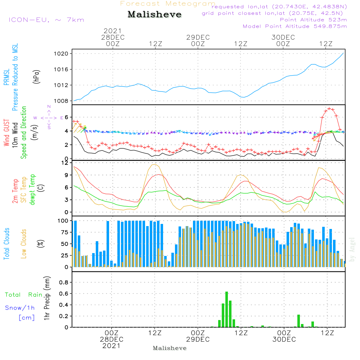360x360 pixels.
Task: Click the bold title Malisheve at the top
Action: (x=154, y=14)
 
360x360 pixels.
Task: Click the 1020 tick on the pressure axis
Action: (x=61, y=54)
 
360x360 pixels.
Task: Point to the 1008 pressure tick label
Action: (x=61, y=101)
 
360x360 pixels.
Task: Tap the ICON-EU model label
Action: (x=46, y=20)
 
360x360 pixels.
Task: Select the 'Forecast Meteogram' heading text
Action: (x=168, y=4)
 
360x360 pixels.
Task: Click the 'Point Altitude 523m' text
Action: (x=314, y=20)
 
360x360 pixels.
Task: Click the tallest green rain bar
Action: (x=226, y=309)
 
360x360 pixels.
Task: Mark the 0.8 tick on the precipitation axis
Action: (x=64, y=282)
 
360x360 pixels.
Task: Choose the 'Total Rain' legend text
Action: (x=24, y=294)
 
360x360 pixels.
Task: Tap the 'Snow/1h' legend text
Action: (x=20, y=308)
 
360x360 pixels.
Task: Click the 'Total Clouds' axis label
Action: (x=6, y=244)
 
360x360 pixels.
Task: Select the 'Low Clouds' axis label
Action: (x=24, y=244)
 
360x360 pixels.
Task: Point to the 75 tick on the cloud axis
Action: (x=65, y=232)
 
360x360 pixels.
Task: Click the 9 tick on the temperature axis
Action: (x=67, y=175)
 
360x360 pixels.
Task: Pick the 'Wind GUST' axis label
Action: (x=6, y=132)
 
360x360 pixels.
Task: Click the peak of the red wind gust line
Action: (x=329, y=109)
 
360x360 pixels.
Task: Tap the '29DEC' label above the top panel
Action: (x=198, y=37)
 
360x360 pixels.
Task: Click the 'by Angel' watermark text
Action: (x=352, y=249)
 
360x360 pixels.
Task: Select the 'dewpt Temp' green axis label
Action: (x=32, y=189)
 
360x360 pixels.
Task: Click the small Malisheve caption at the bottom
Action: (x=170, y=348)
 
